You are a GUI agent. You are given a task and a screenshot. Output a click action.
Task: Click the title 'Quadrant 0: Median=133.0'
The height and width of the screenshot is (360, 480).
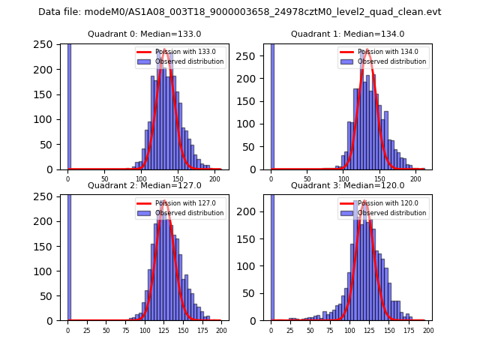pyautogui.click(x=144, y=34)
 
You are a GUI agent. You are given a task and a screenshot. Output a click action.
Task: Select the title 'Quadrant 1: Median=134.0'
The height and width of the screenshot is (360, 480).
pyautogui.click(x=347, y=34)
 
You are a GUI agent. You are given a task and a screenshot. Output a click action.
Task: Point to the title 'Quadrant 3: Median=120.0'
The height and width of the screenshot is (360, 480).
pyautogui.click(x=347, y=185)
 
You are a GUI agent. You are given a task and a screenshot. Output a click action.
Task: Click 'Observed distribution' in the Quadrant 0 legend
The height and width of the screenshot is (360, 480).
pyautogui.click(x=189, y=61)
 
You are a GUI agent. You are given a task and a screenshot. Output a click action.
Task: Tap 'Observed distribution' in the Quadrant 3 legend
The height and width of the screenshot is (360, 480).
pyautogui.click(x=392, y=213)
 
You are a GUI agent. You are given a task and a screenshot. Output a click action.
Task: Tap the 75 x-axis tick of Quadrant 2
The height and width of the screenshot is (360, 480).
pyautogui.click(x=125, y=330)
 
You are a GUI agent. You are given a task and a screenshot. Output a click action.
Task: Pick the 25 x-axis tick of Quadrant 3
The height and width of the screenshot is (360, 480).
pyautogui.click(x=290, y=330)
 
